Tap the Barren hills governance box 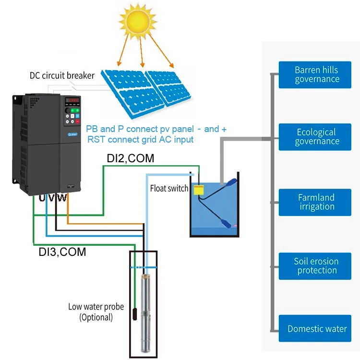tap(317, 74)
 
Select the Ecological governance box tap(317, 137)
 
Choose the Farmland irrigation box tap(317, 202)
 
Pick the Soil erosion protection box tap(317, 266)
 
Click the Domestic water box tap(317, 329)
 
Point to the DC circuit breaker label tap(62, 75)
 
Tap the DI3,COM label tap(62, 252)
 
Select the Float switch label tap(169, 189)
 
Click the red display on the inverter tap(73, 100)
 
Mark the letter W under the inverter tap(62, 198)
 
